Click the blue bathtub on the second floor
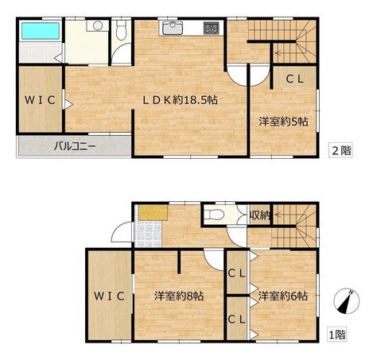pyautogui.click(x=41, y=31)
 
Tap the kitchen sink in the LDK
pyautogui.click(x=173, y=28)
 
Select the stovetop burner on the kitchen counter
pyautogui.click(x=212, y=28)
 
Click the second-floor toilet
pyautogui.click(x=121, y=29)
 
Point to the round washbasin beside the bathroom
pyautogui.click(x=98, y=25)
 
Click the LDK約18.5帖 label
pyautogui.click(x=180, y=100)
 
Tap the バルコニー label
pyautogui.click(x=75, y=146)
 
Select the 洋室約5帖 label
pyautogui.click(x=283, y=122)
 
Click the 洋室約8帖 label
pyautogui.click(x=179, y=296)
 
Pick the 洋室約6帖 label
pyautogui.click(x=283, y=296)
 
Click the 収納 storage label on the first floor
pyautogui.click(x=260, y=215)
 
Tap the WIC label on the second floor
pyautogui.click(x=40, y=100)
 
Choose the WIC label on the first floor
pyautogui.click(x=109, y=296)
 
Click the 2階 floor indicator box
pyautogui.click(x=340, y=151)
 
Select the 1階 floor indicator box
pyautogui.click(x=336, y=335)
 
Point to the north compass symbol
pyautogui.click(x=347, y=301)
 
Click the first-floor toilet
pyautogui.click(x=212, y=215)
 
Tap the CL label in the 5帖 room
pyautogui.click(x=294, y=79)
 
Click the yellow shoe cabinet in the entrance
pyautogui.click(x=153, y=212)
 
